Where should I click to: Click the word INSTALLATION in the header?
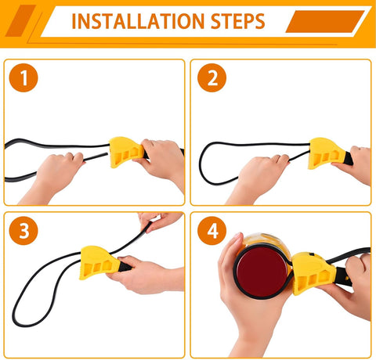pos(138,21)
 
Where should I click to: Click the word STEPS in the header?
pos(238,21)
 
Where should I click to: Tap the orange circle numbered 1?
pos(23,77)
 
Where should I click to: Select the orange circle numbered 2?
pos(211,77)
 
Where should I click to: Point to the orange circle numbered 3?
pos(23,231)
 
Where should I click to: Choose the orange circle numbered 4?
pos(211,231)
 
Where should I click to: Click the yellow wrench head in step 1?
pos(126,152)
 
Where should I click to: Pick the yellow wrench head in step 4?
pos(313,273)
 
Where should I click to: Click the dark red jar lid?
pos(262,272)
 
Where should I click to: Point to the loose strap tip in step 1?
pos(107,154)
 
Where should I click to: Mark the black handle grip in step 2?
pos(349,158)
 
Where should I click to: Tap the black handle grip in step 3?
pos(125,266)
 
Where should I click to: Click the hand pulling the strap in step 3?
pos(160,221)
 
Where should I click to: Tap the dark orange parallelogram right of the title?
pos(325,21)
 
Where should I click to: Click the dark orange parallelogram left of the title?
pos(20,20)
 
